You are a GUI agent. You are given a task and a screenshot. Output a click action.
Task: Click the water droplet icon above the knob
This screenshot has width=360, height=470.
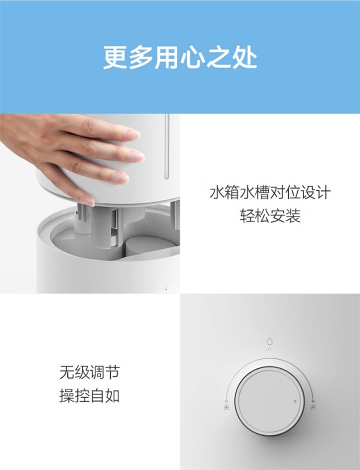(x=270, y=341)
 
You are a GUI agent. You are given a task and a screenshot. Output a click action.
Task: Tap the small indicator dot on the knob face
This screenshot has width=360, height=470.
(x=295, y=401)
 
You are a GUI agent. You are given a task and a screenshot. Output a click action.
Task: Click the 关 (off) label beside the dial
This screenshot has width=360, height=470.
(x=226, y=408)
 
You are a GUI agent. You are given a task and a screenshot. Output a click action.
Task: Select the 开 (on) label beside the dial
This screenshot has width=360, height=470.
(x=313, y=407)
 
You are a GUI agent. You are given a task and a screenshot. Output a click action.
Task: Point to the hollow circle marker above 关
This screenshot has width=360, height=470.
(x=227, y=401)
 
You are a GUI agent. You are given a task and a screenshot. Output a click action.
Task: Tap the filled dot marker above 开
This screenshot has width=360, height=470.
(x=313, y=401)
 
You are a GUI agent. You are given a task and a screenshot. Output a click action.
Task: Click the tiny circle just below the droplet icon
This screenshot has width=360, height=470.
(x=270, y=349)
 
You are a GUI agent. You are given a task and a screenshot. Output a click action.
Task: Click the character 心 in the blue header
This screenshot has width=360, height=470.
(x=192, y=57)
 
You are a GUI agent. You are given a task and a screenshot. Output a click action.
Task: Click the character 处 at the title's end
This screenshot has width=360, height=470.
(x=245, y=57)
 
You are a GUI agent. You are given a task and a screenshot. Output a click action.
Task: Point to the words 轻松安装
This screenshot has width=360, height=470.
(x=270, y=216)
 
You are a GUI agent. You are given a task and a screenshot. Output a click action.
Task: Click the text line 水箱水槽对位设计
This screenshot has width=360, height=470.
(x=270, y=193)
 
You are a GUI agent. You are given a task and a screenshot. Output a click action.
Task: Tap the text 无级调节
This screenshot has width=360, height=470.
(x=89, y=373)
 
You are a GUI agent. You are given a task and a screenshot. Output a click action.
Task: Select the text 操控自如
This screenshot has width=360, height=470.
(x=89, y=396)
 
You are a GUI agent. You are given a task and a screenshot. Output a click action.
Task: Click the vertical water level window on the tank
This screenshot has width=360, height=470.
(x=167, y=146)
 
